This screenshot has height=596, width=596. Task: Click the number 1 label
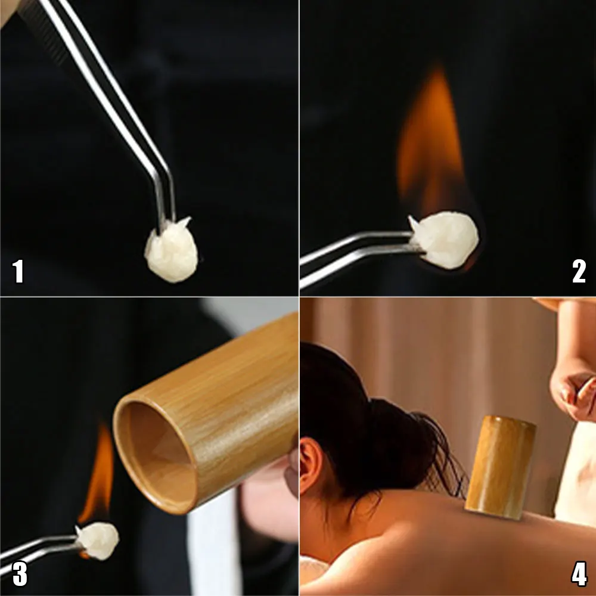(x=18, y=271)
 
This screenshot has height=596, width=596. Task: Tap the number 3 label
(x=19, y=575)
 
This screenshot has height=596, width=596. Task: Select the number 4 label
(x=579, y=575)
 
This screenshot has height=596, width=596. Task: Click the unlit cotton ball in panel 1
(x=172, y=252)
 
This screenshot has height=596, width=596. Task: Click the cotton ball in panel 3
(x=98, y=540)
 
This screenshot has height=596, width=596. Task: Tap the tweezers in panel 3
(x=36, y=548)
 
